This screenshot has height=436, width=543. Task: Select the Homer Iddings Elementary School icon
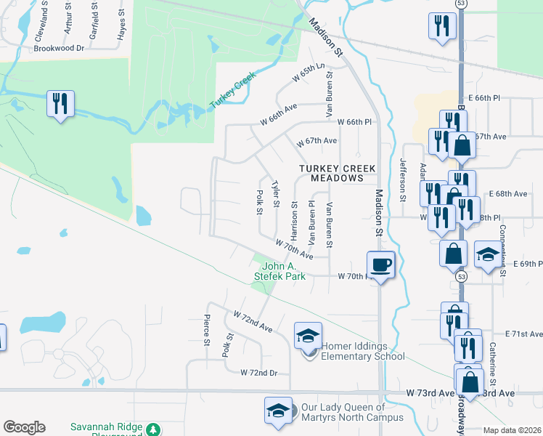click(x=308, y=336)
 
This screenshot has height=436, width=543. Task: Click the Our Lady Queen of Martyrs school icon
click(x=278, y=411)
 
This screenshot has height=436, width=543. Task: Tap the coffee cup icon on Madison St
click(x=380, y=264)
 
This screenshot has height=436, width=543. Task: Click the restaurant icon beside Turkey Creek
click(x=60, y=103)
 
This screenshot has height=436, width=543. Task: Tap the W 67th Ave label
click(x=315, y=141)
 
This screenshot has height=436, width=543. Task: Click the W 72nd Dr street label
click(x=264, y=373)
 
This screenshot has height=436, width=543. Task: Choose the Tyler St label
click(x=274, y=194)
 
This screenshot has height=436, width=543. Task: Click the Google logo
click(x=24, y=427)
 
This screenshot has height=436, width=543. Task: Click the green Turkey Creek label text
click(x=234, y=91)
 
